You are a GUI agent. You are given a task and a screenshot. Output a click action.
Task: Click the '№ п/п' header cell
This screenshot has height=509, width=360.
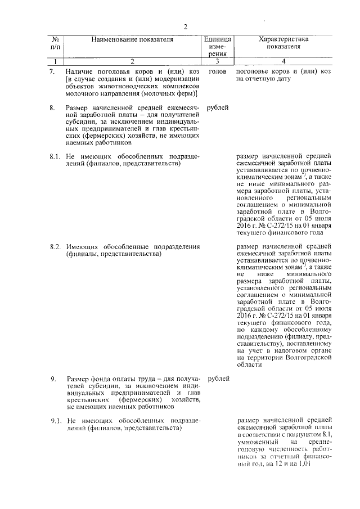click(x=56, y=43)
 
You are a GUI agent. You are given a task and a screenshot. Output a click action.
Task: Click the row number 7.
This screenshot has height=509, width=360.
click(x=52, y=72)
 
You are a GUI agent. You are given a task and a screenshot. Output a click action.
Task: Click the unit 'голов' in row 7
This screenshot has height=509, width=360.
click(x=217, y=72)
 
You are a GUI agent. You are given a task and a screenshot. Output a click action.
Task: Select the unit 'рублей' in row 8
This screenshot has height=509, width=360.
click(x=218, y=107)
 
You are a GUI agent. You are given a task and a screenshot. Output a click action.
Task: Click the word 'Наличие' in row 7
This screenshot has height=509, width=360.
click(x=79, y=72)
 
